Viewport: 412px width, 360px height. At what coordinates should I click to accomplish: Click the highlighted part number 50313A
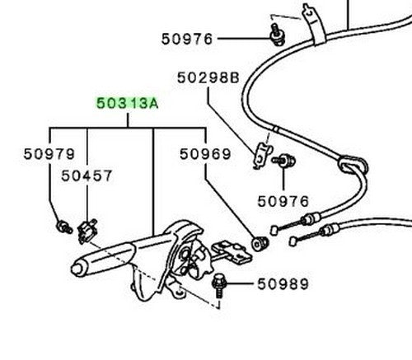tap(128, 104)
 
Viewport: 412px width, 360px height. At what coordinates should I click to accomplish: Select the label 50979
tap(49, 154)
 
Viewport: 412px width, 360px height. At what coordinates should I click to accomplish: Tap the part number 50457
tap(87, 175)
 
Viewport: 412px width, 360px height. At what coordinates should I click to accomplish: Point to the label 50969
tap(205, 154)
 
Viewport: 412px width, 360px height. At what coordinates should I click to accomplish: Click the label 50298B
tap(208, 77)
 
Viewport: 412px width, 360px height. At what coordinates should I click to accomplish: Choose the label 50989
tap(283, 284)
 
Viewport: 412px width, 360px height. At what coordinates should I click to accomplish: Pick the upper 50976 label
tap(187, 39)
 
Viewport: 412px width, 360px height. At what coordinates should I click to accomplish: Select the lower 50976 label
tap(283, 202)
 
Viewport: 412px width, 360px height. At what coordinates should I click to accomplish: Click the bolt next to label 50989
tap(219, 286)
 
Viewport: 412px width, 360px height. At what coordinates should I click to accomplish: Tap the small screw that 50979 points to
tap(64, 227)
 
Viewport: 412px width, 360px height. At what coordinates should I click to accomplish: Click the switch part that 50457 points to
tap(87, 231)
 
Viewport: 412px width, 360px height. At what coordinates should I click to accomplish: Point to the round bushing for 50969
tap(260, 243)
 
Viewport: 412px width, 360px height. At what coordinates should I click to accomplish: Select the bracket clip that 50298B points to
tap(262, 156)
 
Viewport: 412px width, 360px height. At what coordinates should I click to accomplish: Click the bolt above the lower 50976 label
tap(284, 161)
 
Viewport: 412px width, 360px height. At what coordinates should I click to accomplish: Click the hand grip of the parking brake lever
tap(103, 259)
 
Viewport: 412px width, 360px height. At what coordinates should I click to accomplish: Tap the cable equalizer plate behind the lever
tap(232, 251)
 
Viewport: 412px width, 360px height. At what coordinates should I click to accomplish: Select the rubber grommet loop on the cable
tap(353, 166)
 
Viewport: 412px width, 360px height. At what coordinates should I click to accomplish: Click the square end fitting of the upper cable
tap(274, 230)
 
